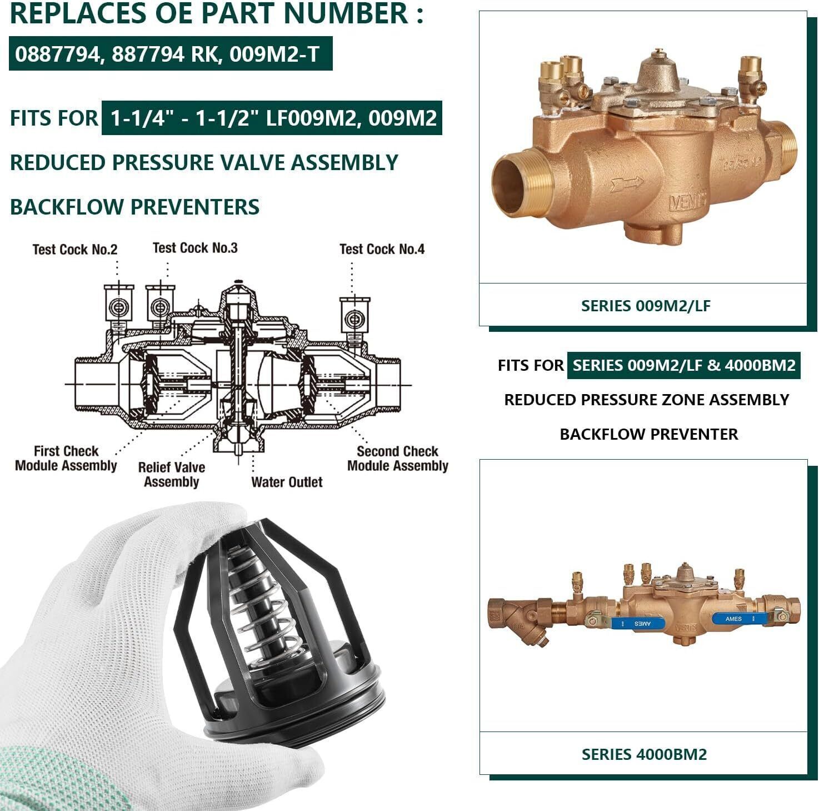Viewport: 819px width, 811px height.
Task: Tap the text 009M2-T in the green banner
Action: click(x=274, y=54)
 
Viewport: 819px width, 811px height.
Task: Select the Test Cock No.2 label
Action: click(x=75, y=249)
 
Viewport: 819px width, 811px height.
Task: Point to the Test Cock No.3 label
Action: click(x=195, y=248)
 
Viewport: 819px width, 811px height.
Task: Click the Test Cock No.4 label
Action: click(x=382, y=249)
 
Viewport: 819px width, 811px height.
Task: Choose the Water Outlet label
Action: click(x=287, y=482)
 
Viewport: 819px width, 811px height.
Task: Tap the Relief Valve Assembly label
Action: click(x=171, y=475)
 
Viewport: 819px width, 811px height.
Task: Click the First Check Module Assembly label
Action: click(x=66, y=459)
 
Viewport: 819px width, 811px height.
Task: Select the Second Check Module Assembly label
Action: click(x=398, y=459)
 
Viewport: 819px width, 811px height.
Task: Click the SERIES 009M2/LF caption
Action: click(x=646, y=306)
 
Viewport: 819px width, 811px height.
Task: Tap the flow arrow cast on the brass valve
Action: click(x=626, y=183)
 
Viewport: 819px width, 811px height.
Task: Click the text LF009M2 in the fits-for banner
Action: click(x=311, y=118)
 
